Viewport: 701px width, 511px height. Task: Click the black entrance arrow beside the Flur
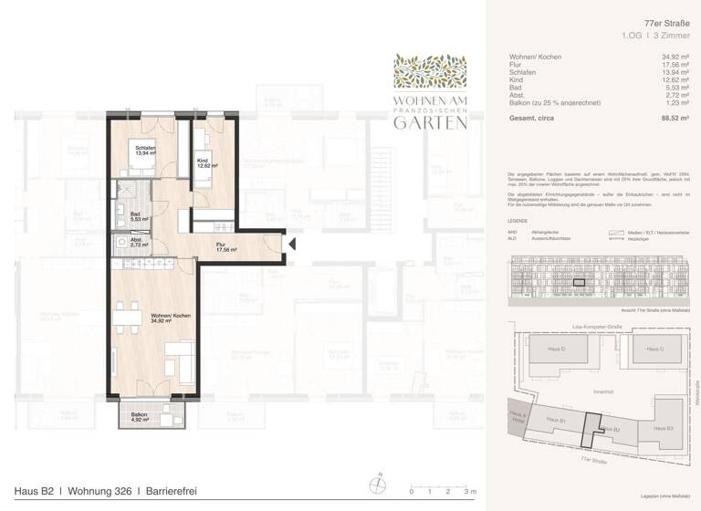click(292, 244)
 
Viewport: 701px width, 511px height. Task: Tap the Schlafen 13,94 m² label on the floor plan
click(145, 151)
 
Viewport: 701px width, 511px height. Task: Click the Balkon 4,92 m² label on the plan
click(139, 418)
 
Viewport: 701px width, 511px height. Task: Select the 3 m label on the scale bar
click(470, 492)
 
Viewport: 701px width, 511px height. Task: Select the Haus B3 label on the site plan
click(663, 428)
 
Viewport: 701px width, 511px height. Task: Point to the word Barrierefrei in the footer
click(169, 492)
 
